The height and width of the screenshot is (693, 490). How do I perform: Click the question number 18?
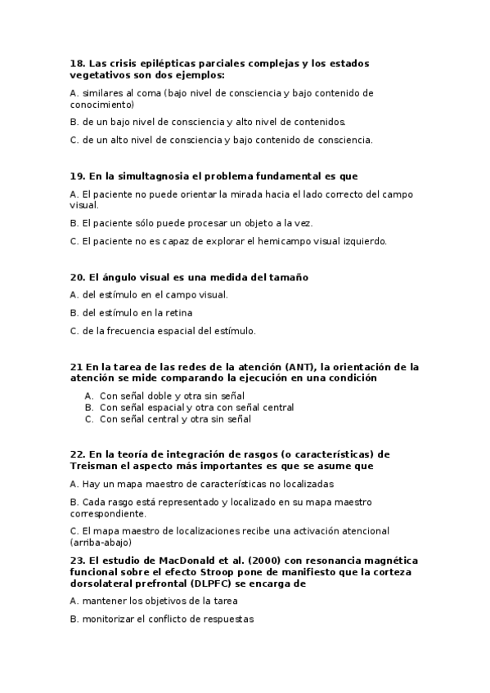[77, 62]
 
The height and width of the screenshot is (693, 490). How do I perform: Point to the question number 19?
[77, 176]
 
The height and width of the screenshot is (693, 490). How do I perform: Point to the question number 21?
[76, 366]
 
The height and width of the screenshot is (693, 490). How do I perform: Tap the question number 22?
[77, 454]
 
